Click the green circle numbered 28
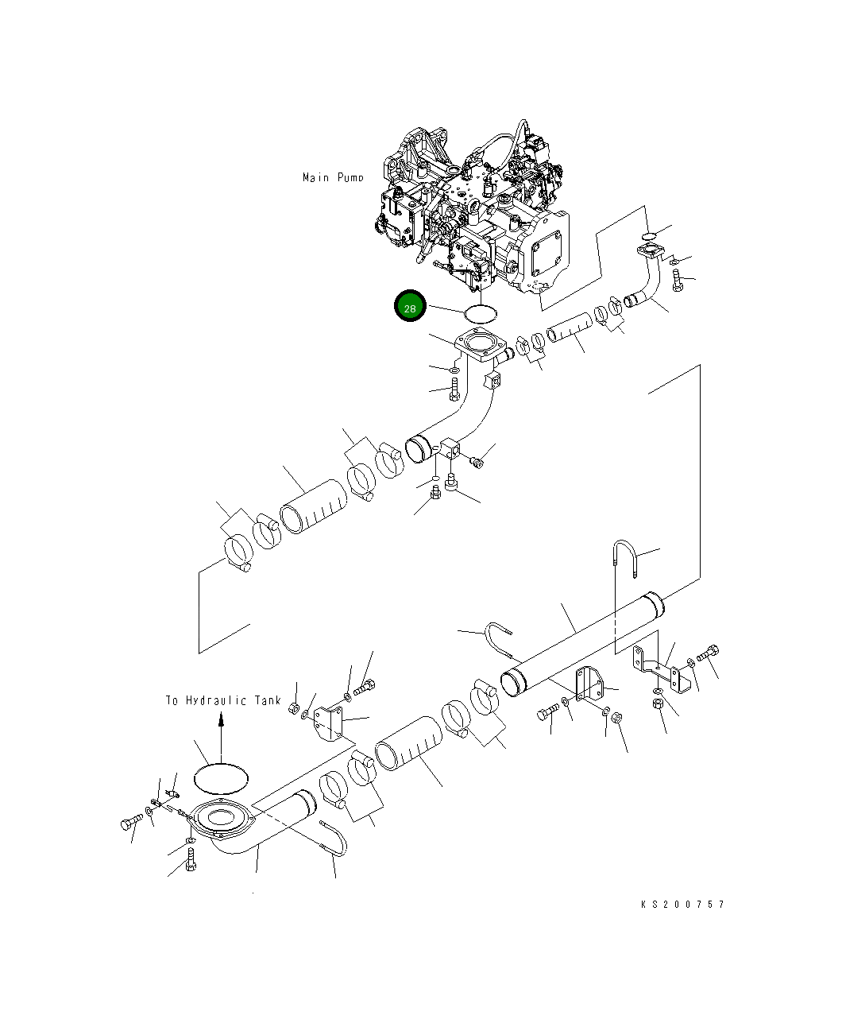pyautogui.click(x=411, y=308)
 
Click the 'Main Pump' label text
pyautogui.click(x=333, y=177)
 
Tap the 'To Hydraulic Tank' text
pyautogui.click(x=222, y=700)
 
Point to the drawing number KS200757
pyautogui.click(x=683, y=904)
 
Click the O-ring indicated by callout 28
pyautogui.click(x=481, y=313)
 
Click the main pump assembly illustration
pyautogui.click(x=477, y=215)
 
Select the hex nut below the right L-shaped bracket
pyautogui.click(x=658, y=704)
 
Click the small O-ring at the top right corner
pyautogui.click(x=648, y=234)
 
